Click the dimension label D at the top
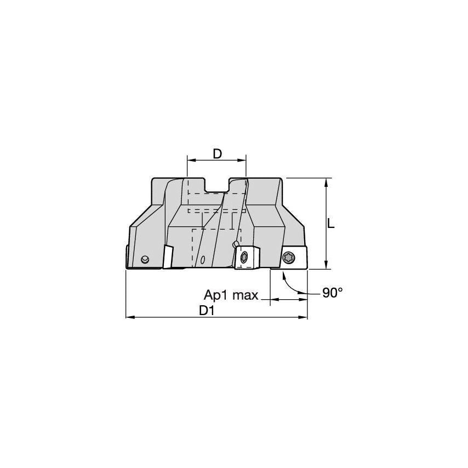218,154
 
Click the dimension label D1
207,311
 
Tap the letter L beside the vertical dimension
330,223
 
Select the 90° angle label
333,293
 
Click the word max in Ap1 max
245,295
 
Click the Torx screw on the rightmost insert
288,257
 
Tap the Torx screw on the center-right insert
244,257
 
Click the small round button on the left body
145,259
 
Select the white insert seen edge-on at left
168,256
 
